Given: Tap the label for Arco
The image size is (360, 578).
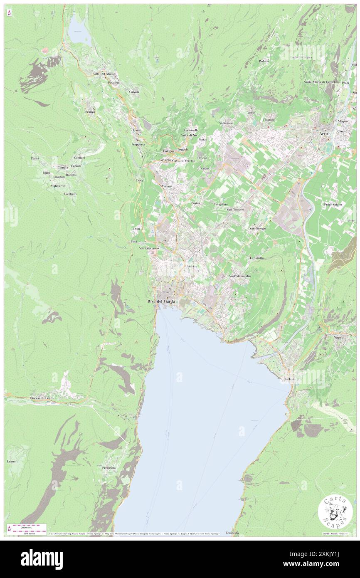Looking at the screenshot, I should coord(325,134).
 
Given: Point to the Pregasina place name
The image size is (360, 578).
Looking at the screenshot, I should coord(108,468).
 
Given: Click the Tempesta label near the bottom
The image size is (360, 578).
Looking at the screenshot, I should coord(232,533).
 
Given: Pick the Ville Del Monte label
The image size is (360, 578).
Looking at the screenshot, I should coord(104,74).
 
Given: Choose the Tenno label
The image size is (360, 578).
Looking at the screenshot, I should coord(137,130).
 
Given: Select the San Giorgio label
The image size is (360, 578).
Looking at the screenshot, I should coord(257,228).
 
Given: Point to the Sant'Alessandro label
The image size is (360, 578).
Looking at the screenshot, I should coord(240,276).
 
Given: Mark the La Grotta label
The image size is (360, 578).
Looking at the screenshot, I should coord(256,258).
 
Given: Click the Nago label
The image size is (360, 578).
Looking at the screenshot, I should coord(337,337).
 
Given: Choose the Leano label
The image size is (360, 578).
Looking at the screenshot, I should coord(11,462).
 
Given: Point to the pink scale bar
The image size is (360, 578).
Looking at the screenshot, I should coord(28,526).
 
